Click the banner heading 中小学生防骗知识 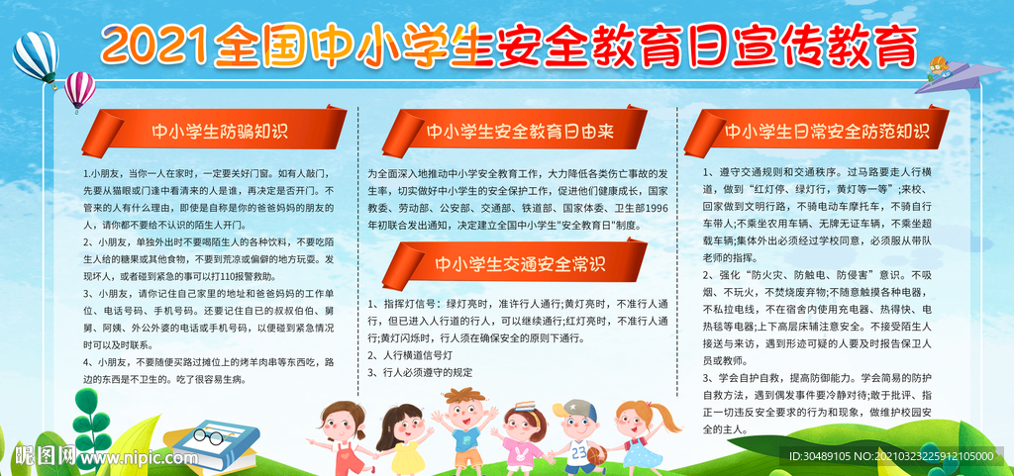220,133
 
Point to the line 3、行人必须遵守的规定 420,372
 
